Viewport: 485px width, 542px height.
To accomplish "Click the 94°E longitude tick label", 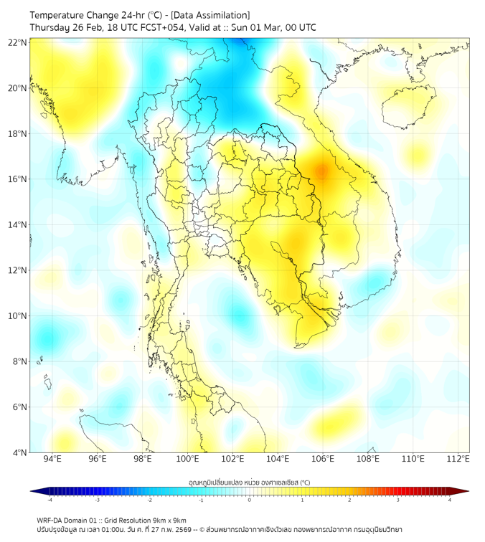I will [x=52, y=459].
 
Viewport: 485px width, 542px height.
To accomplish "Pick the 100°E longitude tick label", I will [x=187, y=459].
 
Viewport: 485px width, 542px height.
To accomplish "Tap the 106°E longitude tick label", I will [x=323, y=459].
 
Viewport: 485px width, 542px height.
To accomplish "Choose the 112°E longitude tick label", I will [x=458, y=459].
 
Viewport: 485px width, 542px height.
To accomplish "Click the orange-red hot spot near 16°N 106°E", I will [x=322, y=171].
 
